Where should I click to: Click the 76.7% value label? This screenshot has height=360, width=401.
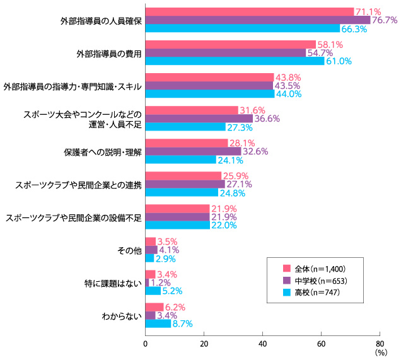click(x=384, y=20)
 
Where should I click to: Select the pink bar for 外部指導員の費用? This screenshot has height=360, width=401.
click(x=230, y=44)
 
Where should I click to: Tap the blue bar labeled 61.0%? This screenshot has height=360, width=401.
click(x=235, y=61)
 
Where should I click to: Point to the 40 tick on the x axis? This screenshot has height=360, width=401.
click(x=262, y=344)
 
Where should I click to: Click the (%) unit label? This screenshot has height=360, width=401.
click(x=380, y=353)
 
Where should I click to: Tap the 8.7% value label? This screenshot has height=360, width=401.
click(x=182, y=323)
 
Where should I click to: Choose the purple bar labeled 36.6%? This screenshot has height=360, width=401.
click(x=199, y=119)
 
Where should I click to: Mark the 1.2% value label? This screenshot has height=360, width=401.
click(x=161, y=282)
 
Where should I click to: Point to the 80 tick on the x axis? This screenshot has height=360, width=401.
click(x=379, y=344)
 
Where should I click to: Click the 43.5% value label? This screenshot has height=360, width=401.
click(x=288, y=85)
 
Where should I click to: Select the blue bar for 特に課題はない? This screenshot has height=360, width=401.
click(x=153, y=291)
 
